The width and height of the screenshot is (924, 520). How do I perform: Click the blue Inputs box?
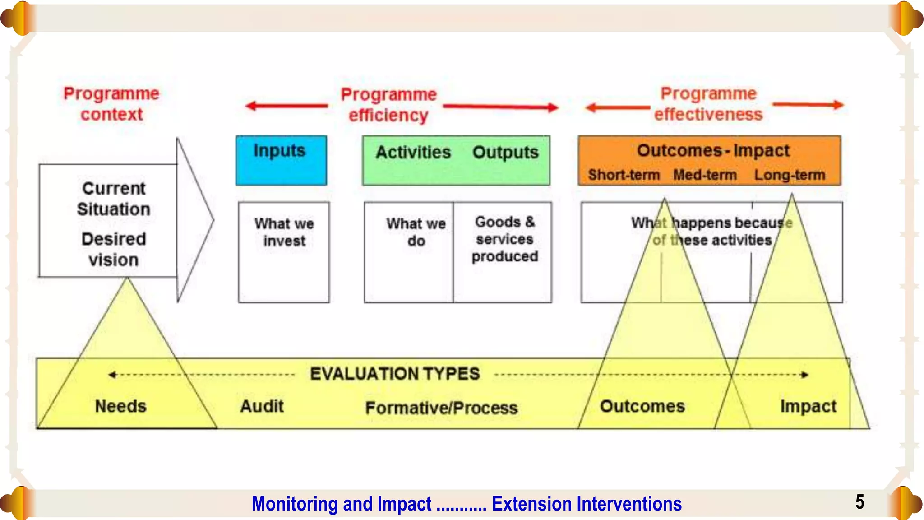click(281, 160)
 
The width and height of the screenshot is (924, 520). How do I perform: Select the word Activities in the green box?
click(413, 153)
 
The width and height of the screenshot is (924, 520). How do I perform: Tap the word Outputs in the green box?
click(505, 153)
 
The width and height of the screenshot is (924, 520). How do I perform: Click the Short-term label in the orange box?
click(624, 175)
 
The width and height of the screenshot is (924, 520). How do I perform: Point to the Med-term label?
click(705, 175)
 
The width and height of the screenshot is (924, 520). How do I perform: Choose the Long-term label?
click(790, 175)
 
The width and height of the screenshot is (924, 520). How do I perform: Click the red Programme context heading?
click(111, 104)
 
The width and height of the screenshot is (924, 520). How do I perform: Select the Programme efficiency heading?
click(388, 105)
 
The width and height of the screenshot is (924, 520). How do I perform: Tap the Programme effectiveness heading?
click(708, 104)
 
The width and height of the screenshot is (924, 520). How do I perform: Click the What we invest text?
click(284, 232)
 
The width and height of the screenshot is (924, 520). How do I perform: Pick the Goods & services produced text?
click(505, 239)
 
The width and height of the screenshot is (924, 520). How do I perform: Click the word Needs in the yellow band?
click(120, 406)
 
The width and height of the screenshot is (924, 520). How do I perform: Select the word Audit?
click(262, 406)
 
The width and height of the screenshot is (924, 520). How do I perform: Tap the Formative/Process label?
click(441, 408)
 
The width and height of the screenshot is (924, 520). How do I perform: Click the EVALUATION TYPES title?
click(395, 374)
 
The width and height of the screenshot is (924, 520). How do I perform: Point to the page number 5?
click(859, 502)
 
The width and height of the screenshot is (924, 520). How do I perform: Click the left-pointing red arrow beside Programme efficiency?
click(287, 106)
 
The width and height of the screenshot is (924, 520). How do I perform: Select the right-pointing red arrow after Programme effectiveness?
click(808, 105)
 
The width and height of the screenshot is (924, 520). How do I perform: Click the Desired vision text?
click(114, 249)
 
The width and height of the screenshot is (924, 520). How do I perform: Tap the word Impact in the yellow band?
click(808, 406)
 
